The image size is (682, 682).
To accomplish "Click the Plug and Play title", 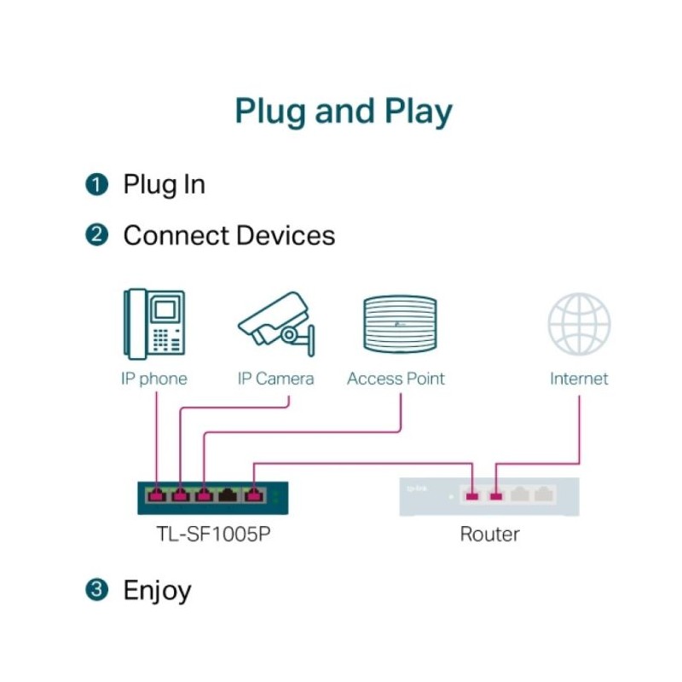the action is (x=344, y=112).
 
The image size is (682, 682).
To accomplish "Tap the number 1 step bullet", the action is (x=96, y=184).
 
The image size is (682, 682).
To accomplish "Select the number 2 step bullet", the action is (x=96, y=235).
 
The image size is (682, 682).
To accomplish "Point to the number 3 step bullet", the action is (x=96, y=590).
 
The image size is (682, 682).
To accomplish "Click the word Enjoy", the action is (x=158, y=591).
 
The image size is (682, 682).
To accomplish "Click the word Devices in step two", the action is (x=286, y=235).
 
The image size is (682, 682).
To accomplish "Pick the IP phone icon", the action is (x=154, y=324).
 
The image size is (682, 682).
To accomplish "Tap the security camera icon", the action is (x=276, y=324).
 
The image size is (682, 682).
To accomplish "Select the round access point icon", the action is (x=400, y=324).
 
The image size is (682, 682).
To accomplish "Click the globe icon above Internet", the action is (x=579, y=324).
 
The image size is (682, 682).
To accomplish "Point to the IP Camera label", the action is (x=275, y=379).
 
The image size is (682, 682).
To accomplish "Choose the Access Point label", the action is (x=396, y=379).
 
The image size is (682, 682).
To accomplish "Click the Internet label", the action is (x=579, y=379).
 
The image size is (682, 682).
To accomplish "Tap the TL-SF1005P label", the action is (x=214, y=535).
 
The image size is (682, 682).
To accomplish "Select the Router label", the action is (x=489, y=535).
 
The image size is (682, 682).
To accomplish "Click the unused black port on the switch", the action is (x=228, y=495).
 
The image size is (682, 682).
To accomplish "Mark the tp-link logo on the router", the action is (x=417, y=488).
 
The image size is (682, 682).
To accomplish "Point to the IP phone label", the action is (x=154, y=379).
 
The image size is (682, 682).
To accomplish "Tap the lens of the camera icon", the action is (x=289, y=334).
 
